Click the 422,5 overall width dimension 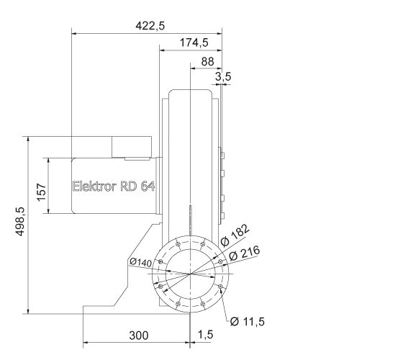pos(150,25)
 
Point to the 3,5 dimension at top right pos(223,76)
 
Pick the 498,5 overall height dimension pos(19,221)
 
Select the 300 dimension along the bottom pos(138,335)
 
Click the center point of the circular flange pos(190,274)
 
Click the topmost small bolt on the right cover pos(223,153)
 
